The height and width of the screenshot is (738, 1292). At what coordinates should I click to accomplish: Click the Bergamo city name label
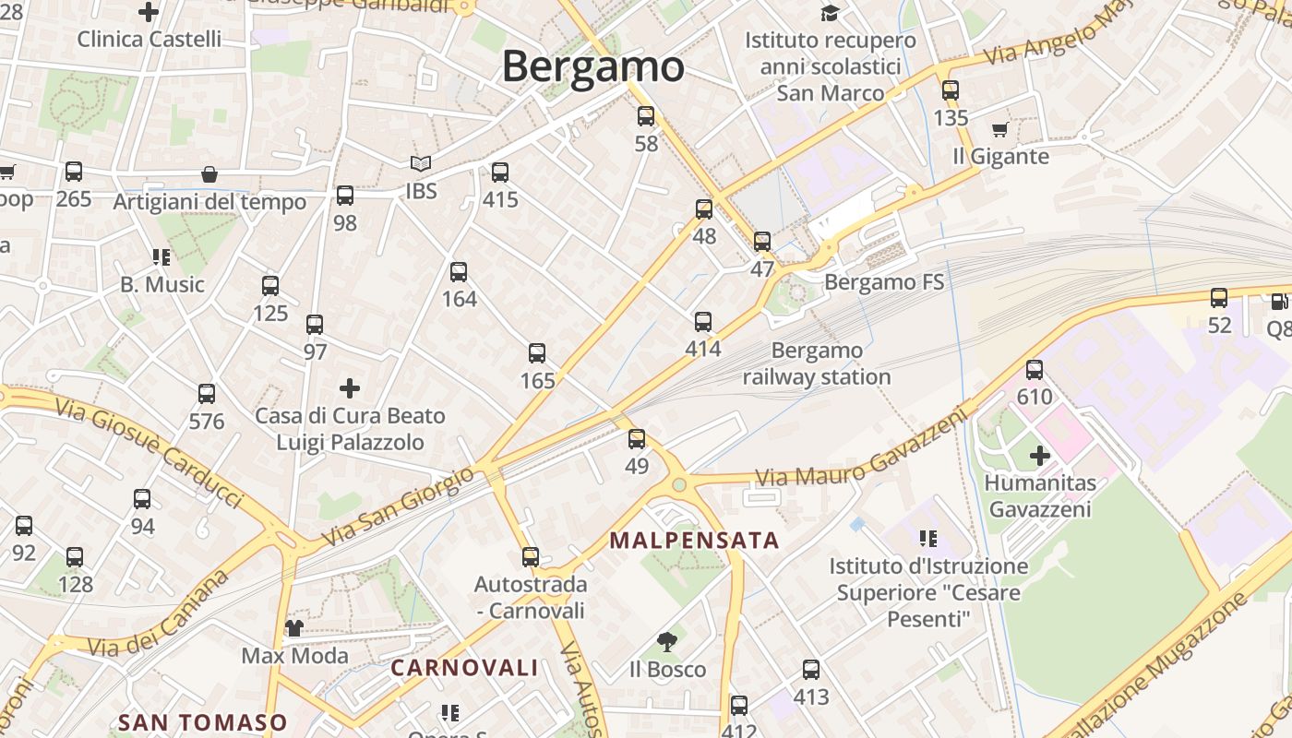(x=592, y=67)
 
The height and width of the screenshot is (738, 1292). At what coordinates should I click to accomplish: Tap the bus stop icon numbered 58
(x=646, y=116)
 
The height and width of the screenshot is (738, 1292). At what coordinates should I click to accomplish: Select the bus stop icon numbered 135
(x=951, y=90)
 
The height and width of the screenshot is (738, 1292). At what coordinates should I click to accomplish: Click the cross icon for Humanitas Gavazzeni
(x=1040, y=455)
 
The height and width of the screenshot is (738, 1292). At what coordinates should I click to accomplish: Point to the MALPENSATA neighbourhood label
(x=695, y=541)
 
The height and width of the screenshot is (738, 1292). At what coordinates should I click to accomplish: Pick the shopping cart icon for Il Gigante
(x=999, y=130)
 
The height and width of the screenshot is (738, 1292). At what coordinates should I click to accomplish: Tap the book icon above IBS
(x=421, y=164)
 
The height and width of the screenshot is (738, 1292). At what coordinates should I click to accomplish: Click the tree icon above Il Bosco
(x=666, y=642)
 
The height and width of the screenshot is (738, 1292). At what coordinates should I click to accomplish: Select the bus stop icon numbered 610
(x=1035, y=370)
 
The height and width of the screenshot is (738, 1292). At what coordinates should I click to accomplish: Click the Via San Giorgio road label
(x=398, y=507)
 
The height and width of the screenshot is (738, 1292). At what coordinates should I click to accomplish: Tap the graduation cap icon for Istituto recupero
(x=831, y=13)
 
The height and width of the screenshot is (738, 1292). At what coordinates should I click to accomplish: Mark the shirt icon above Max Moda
(x=294, y=628)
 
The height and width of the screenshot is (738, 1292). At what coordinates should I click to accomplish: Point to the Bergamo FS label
(x=884, y=282)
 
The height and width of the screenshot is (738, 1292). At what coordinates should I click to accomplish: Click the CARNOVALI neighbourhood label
(x=464, y=668)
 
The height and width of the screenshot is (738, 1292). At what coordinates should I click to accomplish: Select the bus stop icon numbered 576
(x=207, y=394)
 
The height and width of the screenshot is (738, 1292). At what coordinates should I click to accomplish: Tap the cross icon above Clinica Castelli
(x=148, y=12)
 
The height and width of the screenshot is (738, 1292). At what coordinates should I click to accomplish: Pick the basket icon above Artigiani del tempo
(x=209, y=174)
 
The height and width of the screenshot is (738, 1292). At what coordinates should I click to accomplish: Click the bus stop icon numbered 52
(x=1219, y=298)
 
